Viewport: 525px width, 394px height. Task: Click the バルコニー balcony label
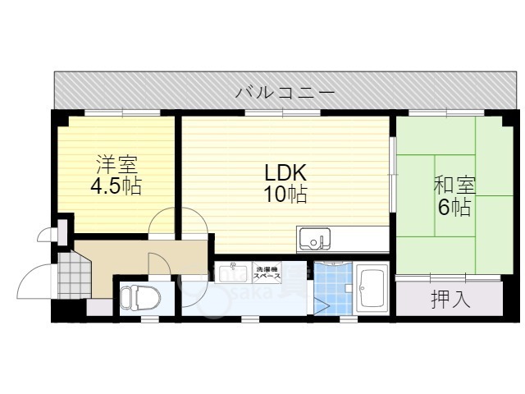coord(285,92)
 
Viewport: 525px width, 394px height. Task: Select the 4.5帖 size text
coord(115,186)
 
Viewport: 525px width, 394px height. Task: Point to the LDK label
coord(285,173)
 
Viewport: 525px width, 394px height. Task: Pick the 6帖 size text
coord(454,208)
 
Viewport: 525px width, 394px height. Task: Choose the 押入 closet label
coord(450,300)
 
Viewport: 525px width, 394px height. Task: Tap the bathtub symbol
coord(373,288)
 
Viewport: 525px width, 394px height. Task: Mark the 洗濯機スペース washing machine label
coord(267,273)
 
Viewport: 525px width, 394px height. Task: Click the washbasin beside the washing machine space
coord(234,272)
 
